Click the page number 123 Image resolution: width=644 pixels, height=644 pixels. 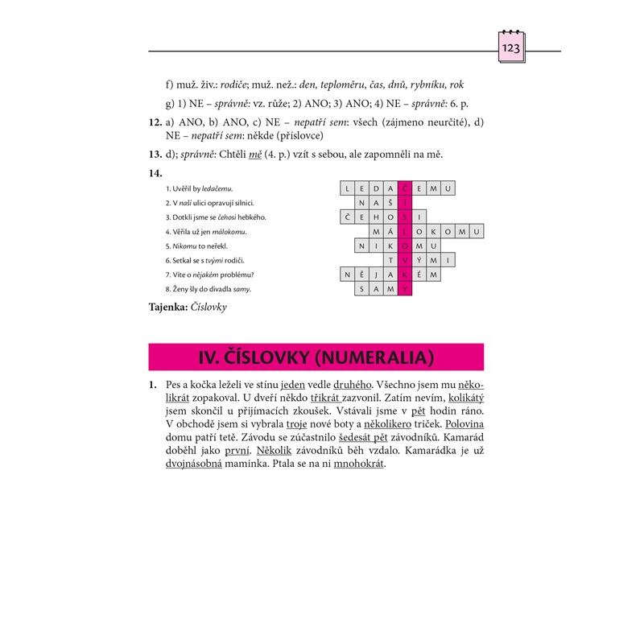pyautogui.click(x=511, y=50)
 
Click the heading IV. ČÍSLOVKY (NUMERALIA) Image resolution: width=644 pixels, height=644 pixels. pyautogui.click(x=316, y=357)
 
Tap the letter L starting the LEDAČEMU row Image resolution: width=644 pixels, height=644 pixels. pyautogui.click(x=348, y=188)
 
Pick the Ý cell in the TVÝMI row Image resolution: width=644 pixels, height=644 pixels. pyautogui.click(x=420, y=260)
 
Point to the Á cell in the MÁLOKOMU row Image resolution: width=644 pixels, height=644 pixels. pyautogui.click(x=391, y=232)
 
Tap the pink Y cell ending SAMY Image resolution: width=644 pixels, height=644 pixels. pyautogui.click(x=406, y=289)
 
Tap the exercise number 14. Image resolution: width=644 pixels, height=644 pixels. pyautogui.click(x=156, y=172)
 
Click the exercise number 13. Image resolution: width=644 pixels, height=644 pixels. pyautogui.click(x=156, y=155)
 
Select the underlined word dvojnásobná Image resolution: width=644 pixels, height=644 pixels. pyautogui.click(x=193, y=464)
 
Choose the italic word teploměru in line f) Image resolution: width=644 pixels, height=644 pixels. pyautogui.click(x=345, y=84)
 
